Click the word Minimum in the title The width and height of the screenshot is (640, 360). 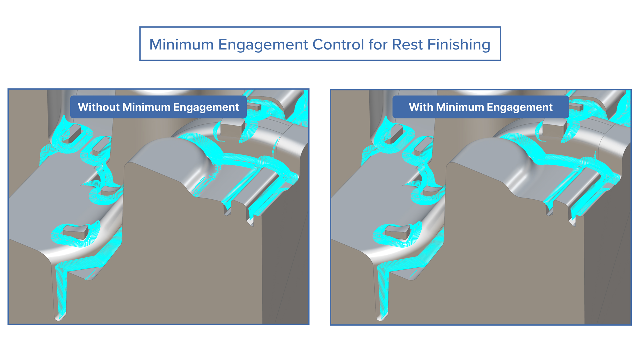[x=181, y=44]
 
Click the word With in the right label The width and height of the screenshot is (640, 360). [x=421, y=107]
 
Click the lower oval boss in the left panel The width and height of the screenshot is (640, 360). [x=76, y=231]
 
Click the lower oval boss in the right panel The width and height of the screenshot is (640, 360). [x=398, y=231]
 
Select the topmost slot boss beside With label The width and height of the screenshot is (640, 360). [x=395, y=133]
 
